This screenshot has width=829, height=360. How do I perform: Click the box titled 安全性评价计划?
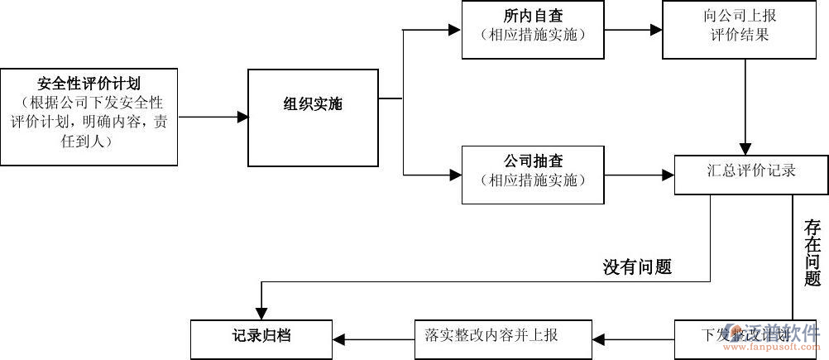89,117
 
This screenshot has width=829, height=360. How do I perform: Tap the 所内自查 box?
532,30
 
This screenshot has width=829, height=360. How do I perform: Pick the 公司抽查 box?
532,174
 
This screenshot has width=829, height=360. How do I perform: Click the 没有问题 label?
637,266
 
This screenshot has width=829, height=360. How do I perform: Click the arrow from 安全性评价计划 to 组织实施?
213,118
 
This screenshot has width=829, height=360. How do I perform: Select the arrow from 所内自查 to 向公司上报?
633,30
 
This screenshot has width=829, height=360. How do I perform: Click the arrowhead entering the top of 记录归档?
261,313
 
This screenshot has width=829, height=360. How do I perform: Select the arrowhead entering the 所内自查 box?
454,30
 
